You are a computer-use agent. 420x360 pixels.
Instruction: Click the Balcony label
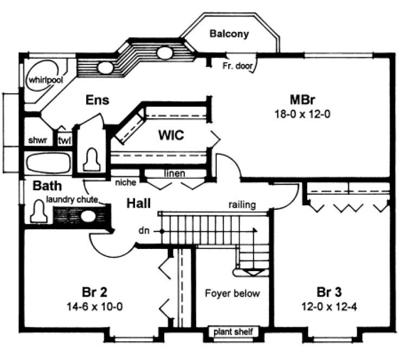pos(229,34)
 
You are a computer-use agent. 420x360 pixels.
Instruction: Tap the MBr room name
pos(302,100)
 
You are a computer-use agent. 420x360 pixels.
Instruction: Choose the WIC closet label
pos(171,136)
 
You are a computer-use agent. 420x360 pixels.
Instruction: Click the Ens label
pos(98,100)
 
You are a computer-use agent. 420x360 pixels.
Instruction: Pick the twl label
pos(64,141)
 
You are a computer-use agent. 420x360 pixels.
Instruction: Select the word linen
pos(175,173)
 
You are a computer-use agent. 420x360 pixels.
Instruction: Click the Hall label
pos(139,204)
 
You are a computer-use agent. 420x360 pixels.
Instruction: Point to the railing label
pos(242,205)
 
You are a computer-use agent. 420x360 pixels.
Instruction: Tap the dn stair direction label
pos(144,230)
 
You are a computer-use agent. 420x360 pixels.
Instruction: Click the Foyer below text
pos(232,293)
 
